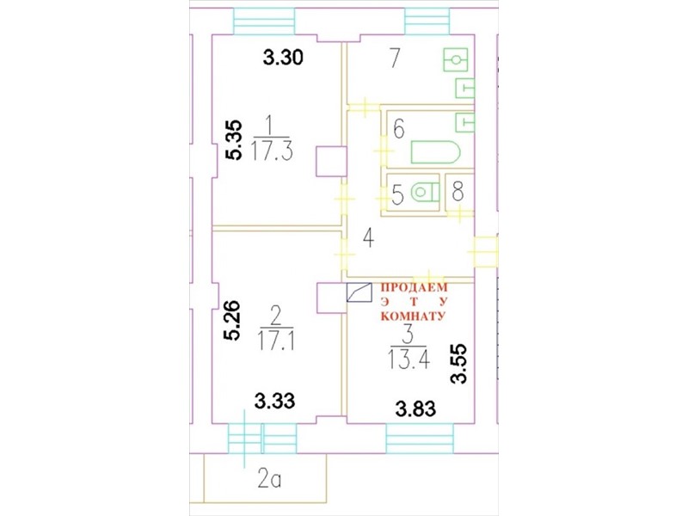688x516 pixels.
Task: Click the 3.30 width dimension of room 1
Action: [283, 58]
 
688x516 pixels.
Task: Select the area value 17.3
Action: [272, 152]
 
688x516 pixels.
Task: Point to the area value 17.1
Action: [276, 341]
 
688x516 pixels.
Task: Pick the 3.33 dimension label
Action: [275, 401]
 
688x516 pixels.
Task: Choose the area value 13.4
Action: [408, 360]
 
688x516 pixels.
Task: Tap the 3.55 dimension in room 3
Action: [459, 364]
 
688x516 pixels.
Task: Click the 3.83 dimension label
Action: [415, 409]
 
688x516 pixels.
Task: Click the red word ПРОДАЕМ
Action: [415, 288]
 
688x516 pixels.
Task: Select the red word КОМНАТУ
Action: [413, 316]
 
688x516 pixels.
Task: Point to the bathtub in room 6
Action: [435, 152]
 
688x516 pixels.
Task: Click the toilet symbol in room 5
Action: [425, 192]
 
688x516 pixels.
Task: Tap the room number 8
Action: [458, 191]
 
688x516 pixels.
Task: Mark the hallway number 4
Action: [369, 239]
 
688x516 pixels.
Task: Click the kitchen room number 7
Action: [395, 58]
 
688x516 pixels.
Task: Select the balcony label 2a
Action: [269, 480]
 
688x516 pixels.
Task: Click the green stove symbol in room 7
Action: [456, 59]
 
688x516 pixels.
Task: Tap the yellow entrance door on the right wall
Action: [485, 252]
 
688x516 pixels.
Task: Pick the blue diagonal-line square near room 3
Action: [359, 292]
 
